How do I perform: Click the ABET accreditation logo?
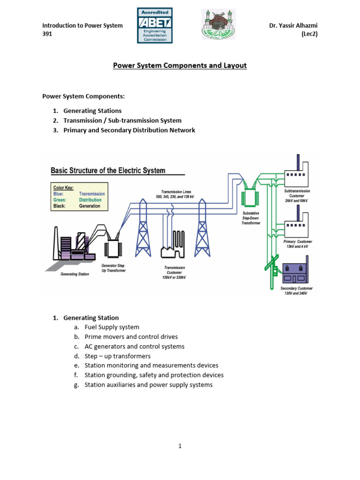pyautogui.click(x=155, y=25)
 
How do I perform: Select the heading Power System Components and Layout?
pyautogui.click(x=180, y=66)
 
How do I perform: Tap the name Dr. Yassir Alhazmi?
pyautogui.click(x=293, y=26)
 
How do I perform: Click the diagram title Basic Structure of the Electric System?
pyautogui.click(x=108, y=171)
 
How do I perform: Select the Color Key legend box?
pyautogui.click(x=79, y=196)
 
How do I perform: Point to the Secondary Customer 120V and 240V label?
pyautogui.click(x=296, y=291)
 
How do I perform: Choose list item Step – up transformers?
pyautogui.click(x=118, y=356)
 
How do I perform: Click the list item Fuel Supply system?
pyautogui.click(x=112, y=327)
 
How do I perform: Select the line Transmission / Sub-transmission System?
pyautogui.click(x=122, y=120)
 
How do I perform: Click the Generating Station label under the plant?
pyautogui.click(x=75, y=274)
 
